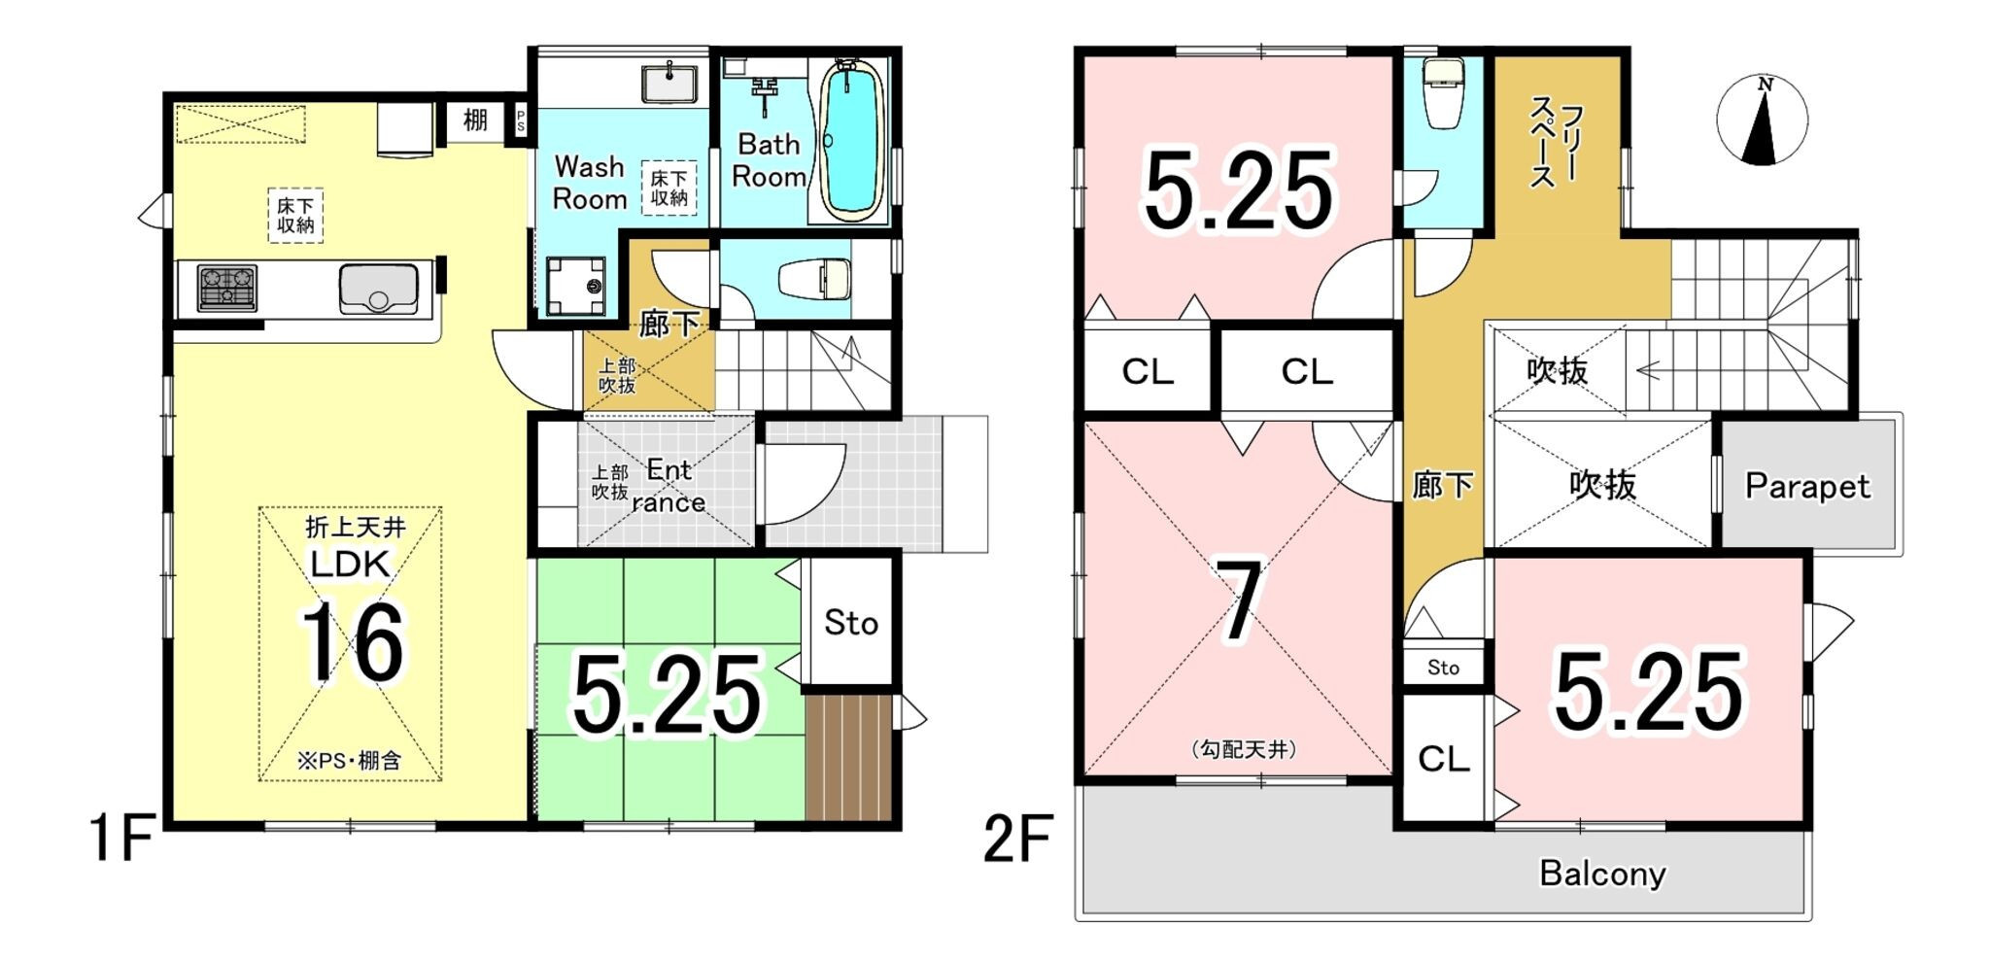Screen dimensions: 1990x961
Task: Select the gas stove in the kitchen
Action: click(227, 289)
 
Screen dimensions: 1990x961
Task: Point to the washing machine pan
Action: click(575, 287)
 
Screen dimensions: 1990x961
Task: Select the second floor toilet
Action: click(1442, 93)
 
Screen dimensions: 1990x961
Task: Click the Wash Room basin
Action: click(669, 83)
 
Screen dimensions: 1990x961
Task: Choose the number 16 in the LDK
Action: click(352, 643)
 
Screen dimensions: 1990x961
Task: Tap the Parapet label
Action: click(1807, 486)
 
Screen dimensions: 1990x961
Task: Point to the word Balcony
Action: click(1602, 874)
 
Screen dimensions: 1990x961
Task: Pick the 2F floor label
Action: click(1017, 839)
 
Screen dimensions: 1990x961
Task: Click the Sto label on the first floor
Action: click(851, 623)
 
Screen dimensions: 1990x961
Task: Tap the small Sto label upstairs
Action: click(1443, 668)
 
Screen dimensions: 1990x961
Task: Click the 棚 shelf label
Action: click(475, 120)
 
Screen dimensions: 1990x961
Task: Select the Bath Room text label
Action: click(769, 160)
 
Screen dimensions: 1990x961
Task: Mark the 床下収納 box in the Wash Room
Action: click(669, 188)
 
